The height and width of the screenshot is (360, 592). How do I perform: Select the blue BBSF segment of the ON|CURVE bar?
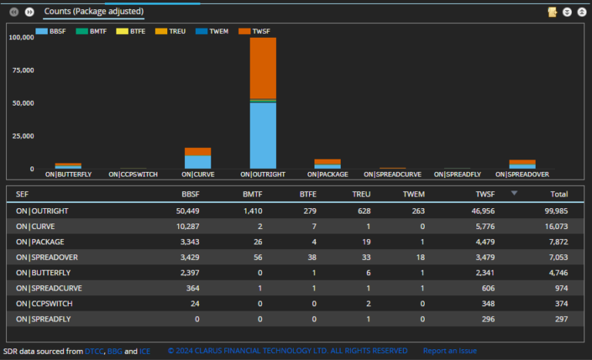pos(197,162)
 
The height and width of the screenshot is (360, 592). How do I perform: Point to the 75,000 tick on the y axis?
pos(22,70)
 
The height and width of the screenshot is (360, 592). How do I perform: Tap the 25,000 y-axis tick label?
pos(22,136)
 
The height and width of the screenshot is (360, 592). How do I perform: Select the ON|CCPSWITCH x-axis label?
pos(133,174)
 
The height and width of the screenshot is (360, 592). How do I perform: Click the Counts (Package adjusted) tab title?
pos(93,12)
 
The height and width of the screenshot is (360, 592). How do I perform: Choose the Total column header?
pos(558,194)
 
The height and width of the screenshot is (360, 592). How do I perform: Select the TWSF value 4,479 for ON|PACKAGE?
pos(483,241)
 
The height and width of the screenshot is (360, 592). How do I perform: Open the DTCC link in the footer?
pos(94,351)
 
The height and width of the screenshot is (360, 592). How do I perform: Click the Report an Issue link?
pos(449,351)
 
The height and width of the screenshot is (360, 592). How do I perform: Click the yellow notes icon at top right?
pos(552,12)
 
